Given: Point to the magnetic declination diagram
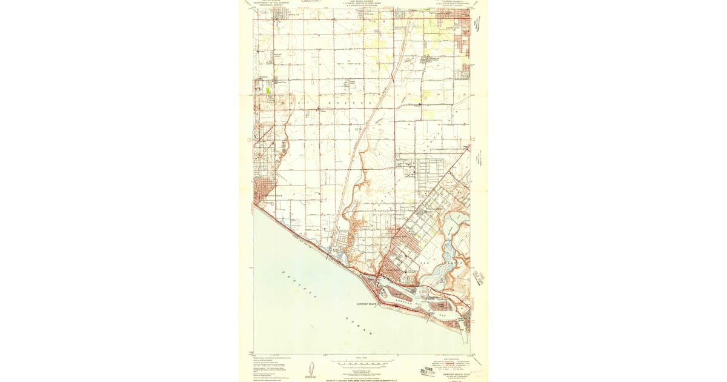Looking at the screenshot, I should [x=310, y=369].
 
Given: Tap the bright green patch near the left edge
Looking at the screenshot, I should [x=267, y=90].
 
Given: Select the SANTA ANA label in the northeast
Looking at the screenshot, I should [x=450, y=28].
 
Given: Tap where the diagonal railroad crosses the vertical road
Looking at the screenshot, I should [x=394, y=79].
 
